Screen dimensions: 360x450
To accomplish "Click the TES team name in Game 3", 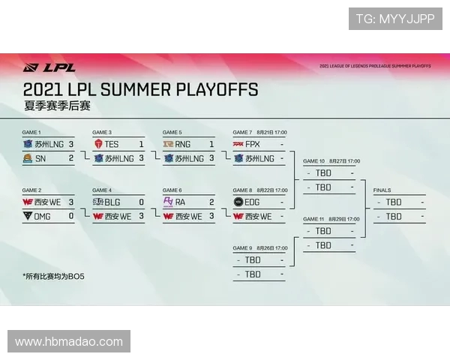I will click(x=111, y=144).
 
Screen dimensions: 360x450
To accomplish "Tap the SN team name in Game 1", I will click(x=40, y=158).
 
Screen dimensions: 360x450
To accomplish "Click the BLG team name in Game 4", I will click(x=112, y=202).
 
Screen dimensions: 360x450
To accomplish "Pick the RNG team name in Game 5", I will click(x=183, y=144).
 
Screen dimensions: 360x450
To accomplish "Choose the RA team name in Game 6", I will click(x=181, y=202).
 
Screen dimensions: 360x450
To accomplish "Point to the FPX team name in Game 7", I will click(x=252, y=144).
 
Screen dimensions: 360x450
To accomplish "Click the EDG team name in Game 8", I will click(x=253, y=202).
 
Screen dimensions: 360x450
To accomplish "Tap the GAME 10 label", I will click(x=313, y=161).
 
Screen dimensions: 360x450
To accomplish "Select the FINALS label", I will click(x=382, y=190).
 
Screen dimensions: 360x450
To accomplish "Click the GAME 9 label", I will click(x=243, y=248).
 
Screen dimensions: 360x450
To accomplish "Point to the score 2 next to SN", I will click(x=71, y=158).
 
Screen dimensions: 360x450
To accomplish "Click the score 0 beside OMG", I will click(x=71, y=216).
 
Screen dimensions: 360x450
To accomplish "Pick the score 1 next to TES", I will click(x=141, y=144).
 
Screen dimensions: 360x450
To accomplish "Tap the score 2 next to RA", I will click(x=211, y=202).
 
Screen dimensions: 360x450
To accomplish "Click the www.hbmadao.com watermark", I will click(x=69, y=341).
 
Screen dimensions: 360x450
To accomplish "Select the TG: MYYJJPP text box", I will click(x=395, y=19).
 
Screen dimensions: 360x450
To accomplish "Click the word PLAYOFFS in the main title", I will click(x=217, y=90).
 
